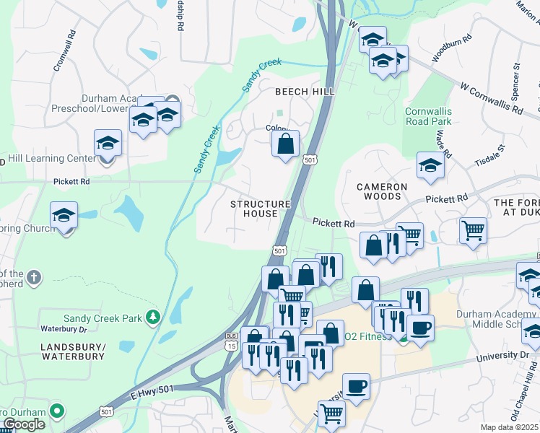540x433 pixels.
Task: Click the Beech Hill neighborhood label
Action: click(x=305, y=92)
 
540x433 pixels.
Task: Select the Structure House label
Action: click(x=260, y=209)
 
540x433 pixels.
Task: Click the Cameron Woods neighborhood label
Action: click(x=383, y=191)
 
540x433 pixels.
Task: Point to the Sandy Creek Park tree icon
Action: click(x=152, y=317)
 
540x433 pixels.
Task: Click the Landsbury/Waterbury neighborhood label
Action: click(x=73, y=352)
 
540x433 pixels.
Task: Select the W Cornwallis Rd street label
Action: click(x=491, y=99)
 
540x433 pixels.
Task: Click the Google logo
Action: click(x=23, y=424)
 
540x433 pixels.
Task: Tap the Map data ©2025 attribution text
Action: click(x=510, y=427)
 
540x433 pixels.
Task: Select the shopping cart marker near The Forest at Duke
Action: click(x=473, y=231)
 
